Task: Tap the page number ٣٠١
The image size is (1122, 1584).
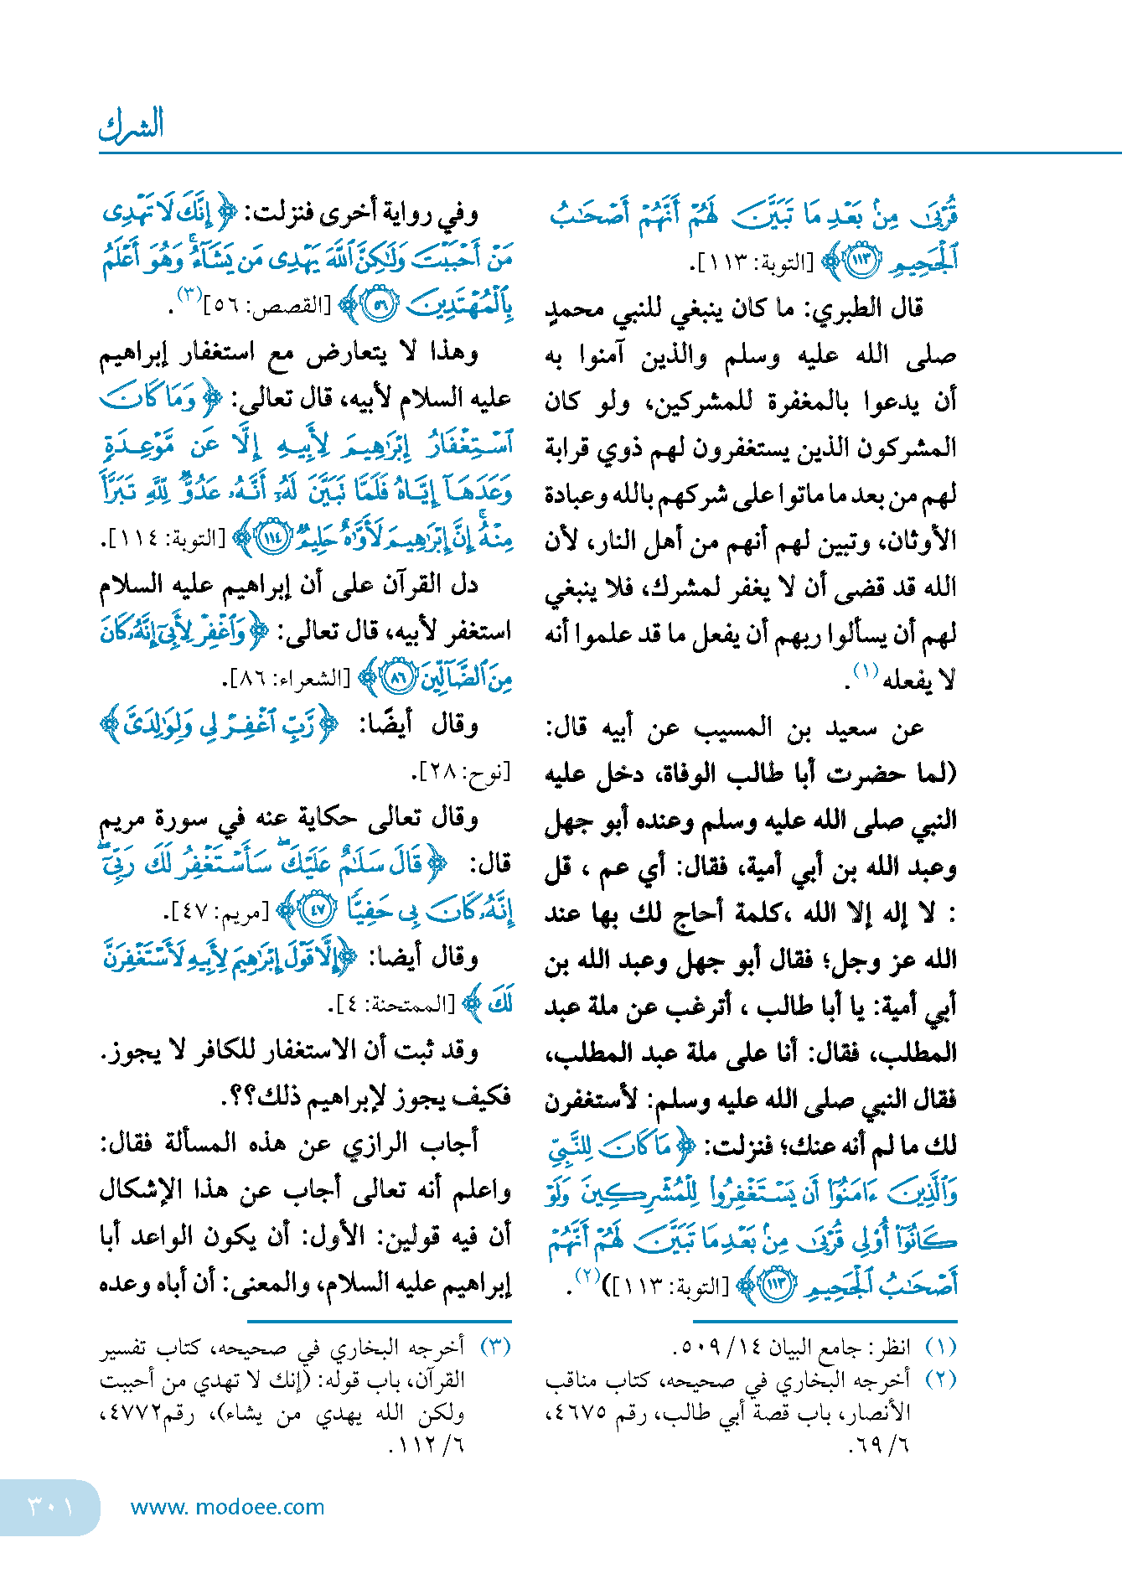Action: coord(50,1506)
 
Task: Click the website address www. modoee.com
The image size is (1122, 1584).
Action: coord(227,1507)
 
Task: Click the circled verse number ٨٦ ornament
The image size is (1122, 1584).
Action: coord(398,677)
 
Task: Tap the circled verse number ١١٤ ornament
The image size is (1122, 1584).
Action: coord(271,537)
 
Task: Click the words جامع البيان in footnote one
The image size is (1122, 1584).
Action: coord(817,1348)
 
